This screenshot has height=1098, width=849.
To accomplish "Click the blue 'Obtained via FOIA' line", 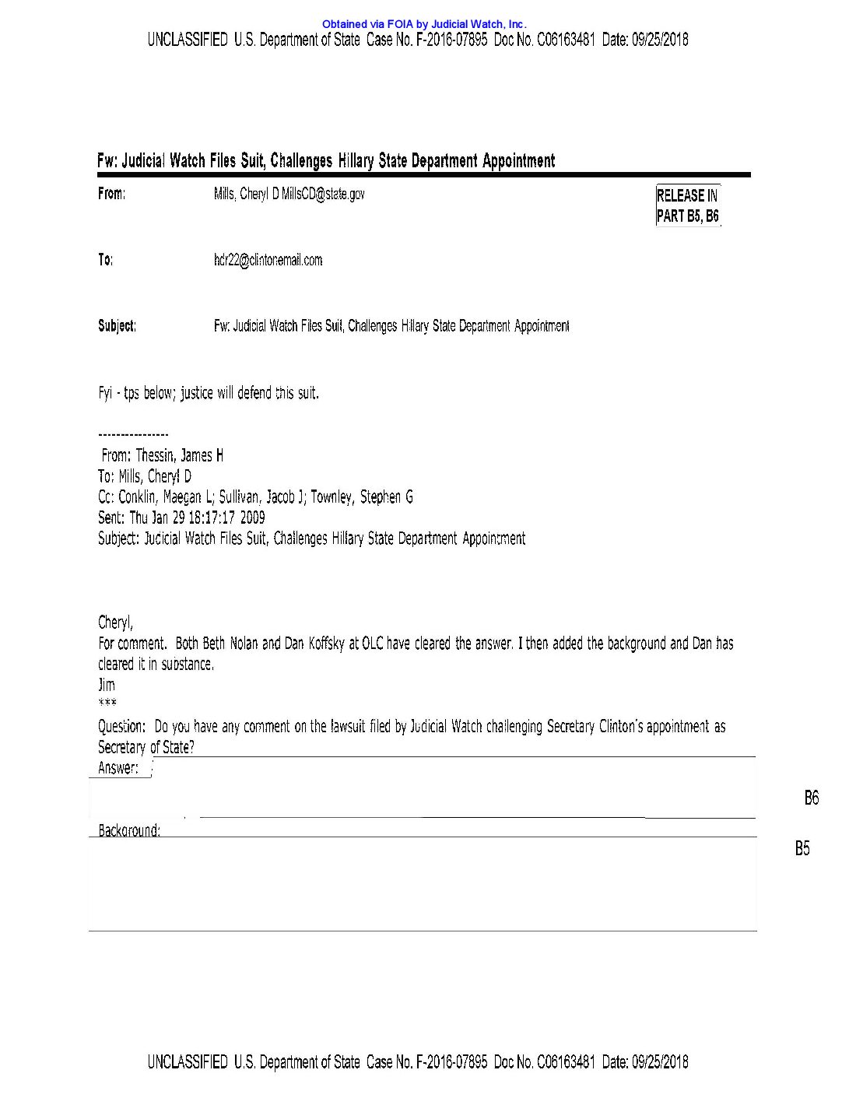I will tap(424, 24).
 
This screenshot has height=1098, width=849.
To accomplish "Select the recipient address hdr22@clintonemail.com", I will tap(268, 260).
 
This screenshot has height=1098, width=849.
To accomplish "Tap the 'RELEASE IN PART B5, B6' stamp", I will tap(688, 205).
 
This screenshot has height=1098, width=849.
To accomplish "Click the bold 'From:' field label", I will tap(111, 194).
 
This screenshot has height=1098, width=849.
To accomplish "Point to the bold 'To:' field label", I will tap(105, 260).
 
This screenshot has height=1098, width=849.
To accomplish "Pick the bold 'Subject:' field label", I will tap(117, 325).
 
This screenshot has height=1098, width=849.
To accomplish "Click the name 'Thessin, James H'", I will tap(180, 456).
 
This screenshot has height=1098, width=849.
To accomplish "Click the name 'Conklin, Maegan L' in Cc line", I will tap(166, 497).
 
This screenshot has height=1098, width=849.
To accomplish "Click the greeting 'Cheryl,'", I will tap(115, 623).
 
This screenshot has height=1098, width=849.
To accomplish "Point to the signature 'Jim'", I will tap(107, 685).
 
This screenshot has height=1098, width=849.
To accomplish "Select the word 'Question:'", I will tap(121, 727).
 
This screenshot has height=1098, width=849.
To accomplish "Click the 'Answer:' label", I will tap(118, 768).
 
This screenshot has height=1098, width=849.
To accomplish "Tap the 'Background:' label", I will tap(129, 830).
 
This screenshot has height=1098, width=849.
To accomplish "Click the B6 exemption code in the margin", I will tap(811, 798).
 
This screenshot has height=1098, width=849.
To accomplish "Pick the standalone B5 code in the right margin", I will tap(802, 848).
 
